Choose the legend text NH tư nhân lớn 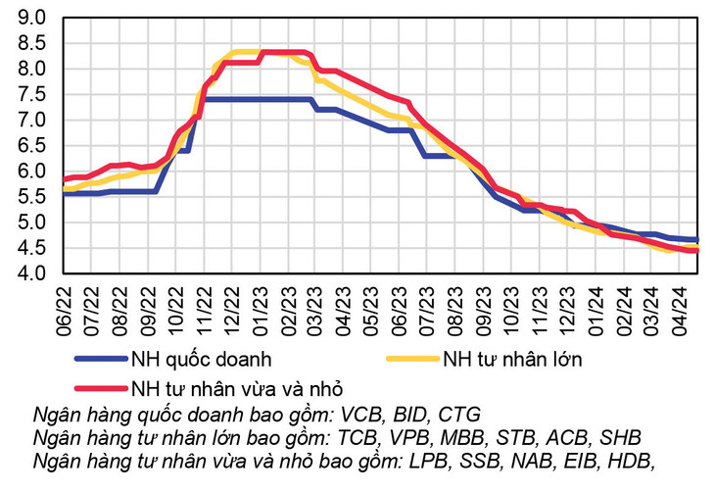tap(512, 359)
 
